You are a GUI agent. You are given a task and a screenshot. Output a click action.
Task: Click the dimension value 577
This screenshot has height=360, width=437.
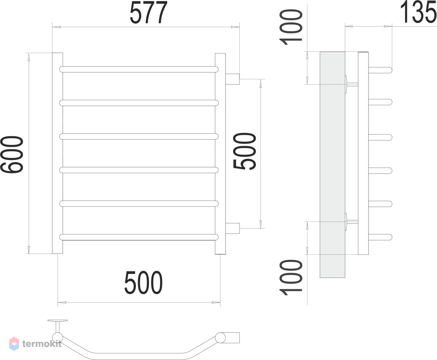[x=148, y=12]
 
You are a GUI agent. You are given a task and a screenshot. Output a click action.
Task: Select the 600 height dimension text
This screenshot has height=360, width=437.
[x=12, y=154]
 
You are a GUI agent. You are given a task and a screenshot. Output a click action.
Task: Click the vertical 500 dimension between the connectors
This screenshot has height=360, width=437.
[x=245, y=151]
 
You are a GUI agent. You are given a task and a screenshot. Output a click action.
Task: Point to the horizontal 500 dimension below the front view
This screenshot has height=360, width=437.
[x=143, y=282]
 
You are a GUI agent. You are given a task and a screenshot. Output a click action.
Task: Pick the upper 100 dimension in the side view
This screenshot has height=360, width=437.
[x=291, y=27]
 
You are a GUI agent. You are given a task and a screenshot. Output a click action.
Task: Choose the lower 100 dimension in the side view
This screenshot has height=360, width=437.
[x=291, y=277]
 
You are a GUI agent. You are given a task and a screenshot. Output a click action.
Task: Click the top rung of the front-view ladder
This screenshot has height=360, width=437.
[x=139, y=69]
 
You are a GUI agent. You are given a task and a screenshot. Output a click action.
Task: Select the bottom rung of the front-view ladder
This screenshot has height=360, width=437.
[x=139, y=237]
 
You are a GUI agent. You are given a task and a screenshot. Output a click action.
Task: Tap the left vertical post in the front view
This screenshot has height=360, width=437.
[x=58, y=153]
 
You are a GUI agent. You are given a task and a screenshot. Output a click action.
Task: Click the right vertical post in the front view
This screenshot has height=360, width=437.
[x=220, y=154]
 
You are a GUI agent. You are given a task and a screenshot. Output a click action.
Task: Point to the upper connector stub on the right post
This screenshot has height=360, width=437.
[x=232, y=79]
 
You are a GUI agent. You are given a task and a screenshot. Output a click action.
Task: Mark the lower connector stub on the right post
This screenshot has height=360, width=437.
[x=232, y=228]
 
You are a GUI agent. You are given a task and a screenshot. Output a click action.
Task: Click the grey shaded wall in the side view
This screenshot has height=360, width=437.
[x=332, y=165]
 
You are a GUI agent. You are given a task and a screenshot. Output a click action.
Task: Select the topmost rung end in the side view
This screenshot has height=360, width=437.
[x=380, y=70]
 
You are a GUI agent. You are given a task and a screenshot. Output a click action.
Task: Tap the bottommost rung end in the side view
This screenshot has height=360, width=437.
[x=380, y=237]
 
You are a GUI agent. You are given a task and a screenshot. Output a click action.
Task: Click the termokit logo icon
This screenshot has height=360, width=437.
[x=14, y=344]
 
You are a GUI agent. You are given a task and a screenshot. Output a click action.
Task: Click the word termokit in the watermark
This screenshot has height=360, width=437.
[x=42, y=344]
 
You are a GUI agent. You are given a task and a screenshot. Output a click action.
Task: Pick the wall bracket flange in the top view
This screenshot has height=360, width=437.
[x=58, y=321]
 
